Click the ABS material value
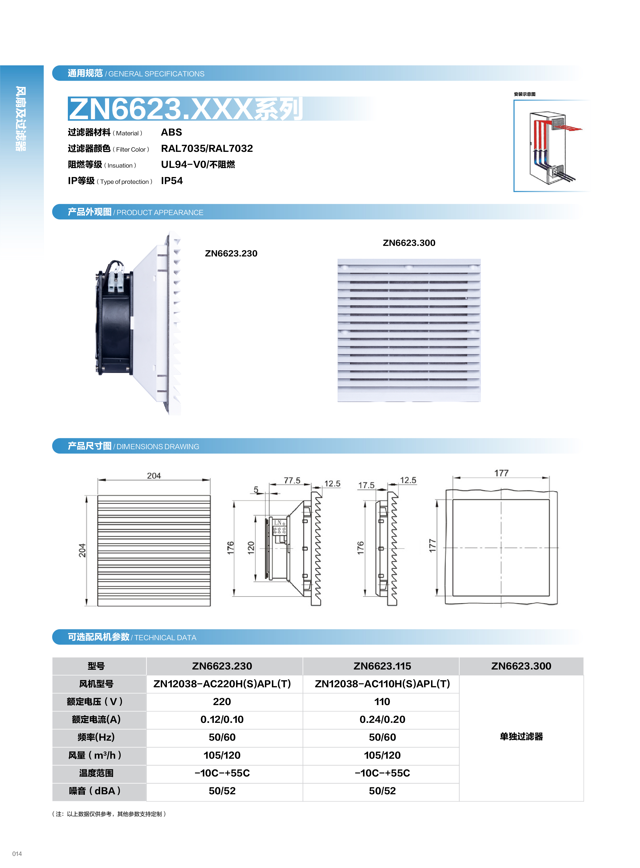[x=171, y=133]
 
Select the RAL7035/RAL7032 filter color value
[x=207, y=149]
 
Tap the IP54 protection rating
[x=172, y=181]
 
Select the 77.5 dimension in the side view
[x=292, y=481]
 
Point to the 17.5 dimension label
[x=366, y=485]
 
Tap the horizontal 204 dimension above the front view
[x=154, y=476]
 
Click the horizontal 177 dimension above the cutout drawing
[x=501, y=473]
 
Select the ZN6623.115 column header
[x=382, y=666]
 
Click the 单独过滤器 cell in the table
[x=521, y=737]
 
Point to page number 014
[x=17, y=854]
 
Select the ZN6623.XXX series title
[x=185, y=109]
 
